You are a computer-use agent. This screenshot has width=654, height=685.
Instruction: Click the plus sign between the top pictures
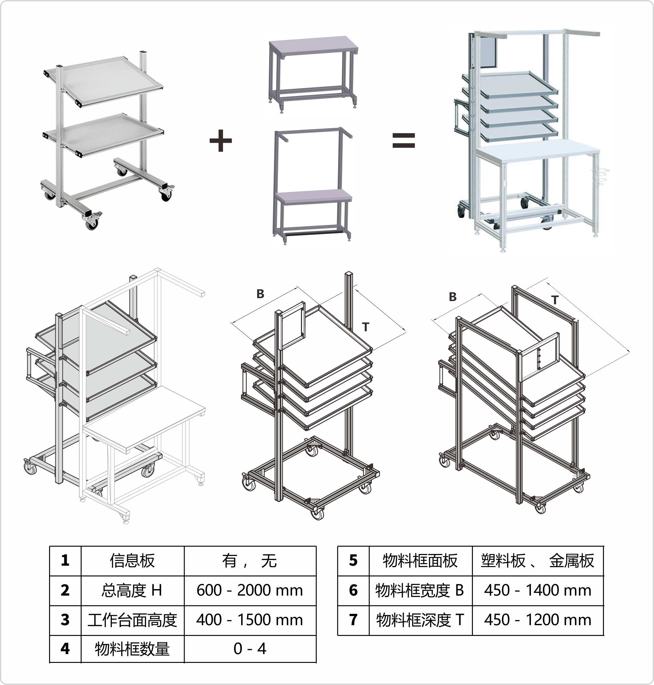220,140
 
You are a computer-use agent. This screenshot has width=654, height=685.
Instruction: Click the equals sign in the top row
403,140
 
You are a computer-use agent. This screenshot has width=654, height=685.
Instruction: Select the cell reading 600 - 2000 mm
250,590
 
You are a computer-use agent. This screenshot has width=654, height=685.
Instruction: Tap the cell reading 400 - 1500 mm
250,620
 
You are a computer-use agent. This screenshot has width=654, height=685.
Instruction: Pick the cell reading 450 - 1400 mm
537,590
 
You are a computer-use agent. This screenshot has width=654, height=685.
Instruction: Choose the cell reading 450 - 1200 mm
537,620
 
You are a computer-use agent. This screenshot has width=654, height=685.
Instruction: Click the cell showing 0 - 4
250,648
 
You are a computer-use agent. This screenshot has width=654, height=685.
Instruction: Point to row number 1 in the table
65,560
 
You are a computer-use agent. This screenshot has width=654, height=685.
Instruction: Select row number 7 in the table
353,620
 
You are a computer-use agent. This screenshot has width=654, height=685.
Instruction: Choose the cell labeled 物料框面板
420,560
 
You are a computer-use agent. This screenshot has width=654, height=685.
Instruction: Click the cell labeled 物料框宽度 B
420,590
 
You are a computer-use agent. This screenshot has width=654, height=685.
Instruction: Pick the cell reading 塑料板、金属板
537,560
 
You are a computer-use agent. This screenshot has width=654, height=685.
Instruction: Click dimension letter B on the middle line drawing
260,294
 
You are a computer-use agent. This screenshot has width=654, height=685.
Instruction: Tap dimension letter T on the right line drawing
555,300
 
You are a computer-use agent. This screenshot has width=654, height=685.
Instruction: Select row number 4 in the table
65,648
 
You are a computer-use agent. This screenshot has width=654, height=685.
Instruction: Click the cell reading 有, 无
250,560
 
